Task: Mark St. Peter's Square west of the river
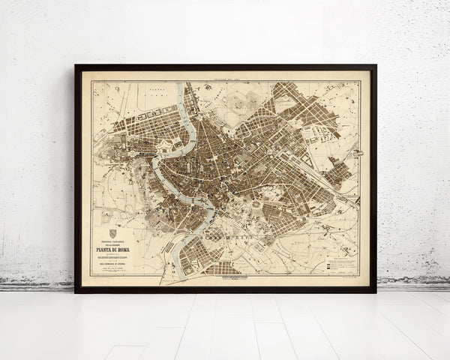click(127, 150)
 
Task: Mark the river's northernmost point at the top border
click(181, 84)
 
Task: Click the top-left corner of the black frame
click(76, 66)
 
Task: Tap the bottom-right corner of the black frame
click(375, 291)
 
